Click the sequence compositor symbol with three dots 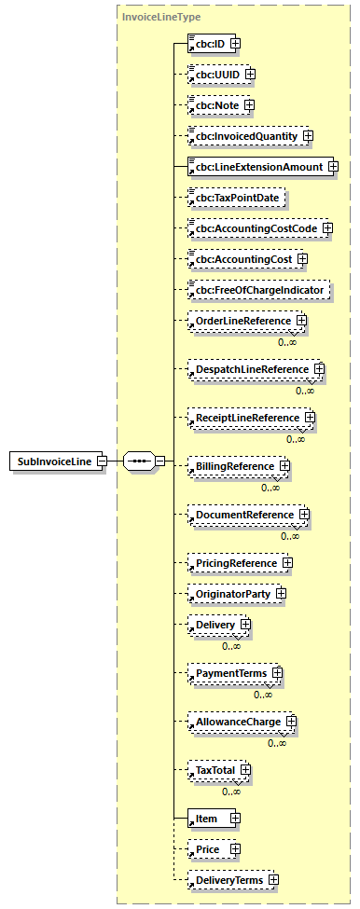pos(138,461)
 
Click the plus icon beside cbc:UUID pos(250,74)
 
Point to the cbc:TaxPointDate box pos(235,199)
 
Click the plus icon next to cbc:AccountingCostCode pos(327,228)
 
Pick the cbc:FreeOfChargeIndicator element pos(258,291)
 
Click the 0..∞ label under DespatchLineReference pos(305,391)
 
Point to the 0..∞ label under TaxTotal pos(231,792)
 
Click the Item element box pos(206,819)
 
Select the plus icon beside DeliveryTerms pos(273,880)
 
